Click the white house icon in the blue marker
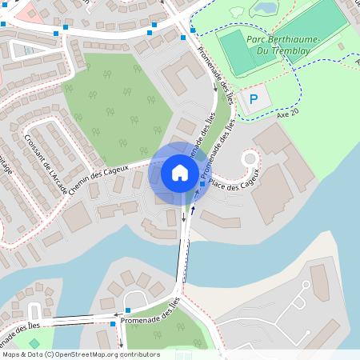[179, 172]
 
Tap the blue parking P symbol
[254, 99]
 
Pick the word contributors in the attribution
[138, 354]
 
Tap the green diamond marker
[34, 343]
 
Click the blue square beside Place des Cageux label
[202, 185]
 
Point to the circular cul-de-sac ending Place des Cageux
[249, 158]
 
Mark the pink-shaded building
[30, 10]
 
